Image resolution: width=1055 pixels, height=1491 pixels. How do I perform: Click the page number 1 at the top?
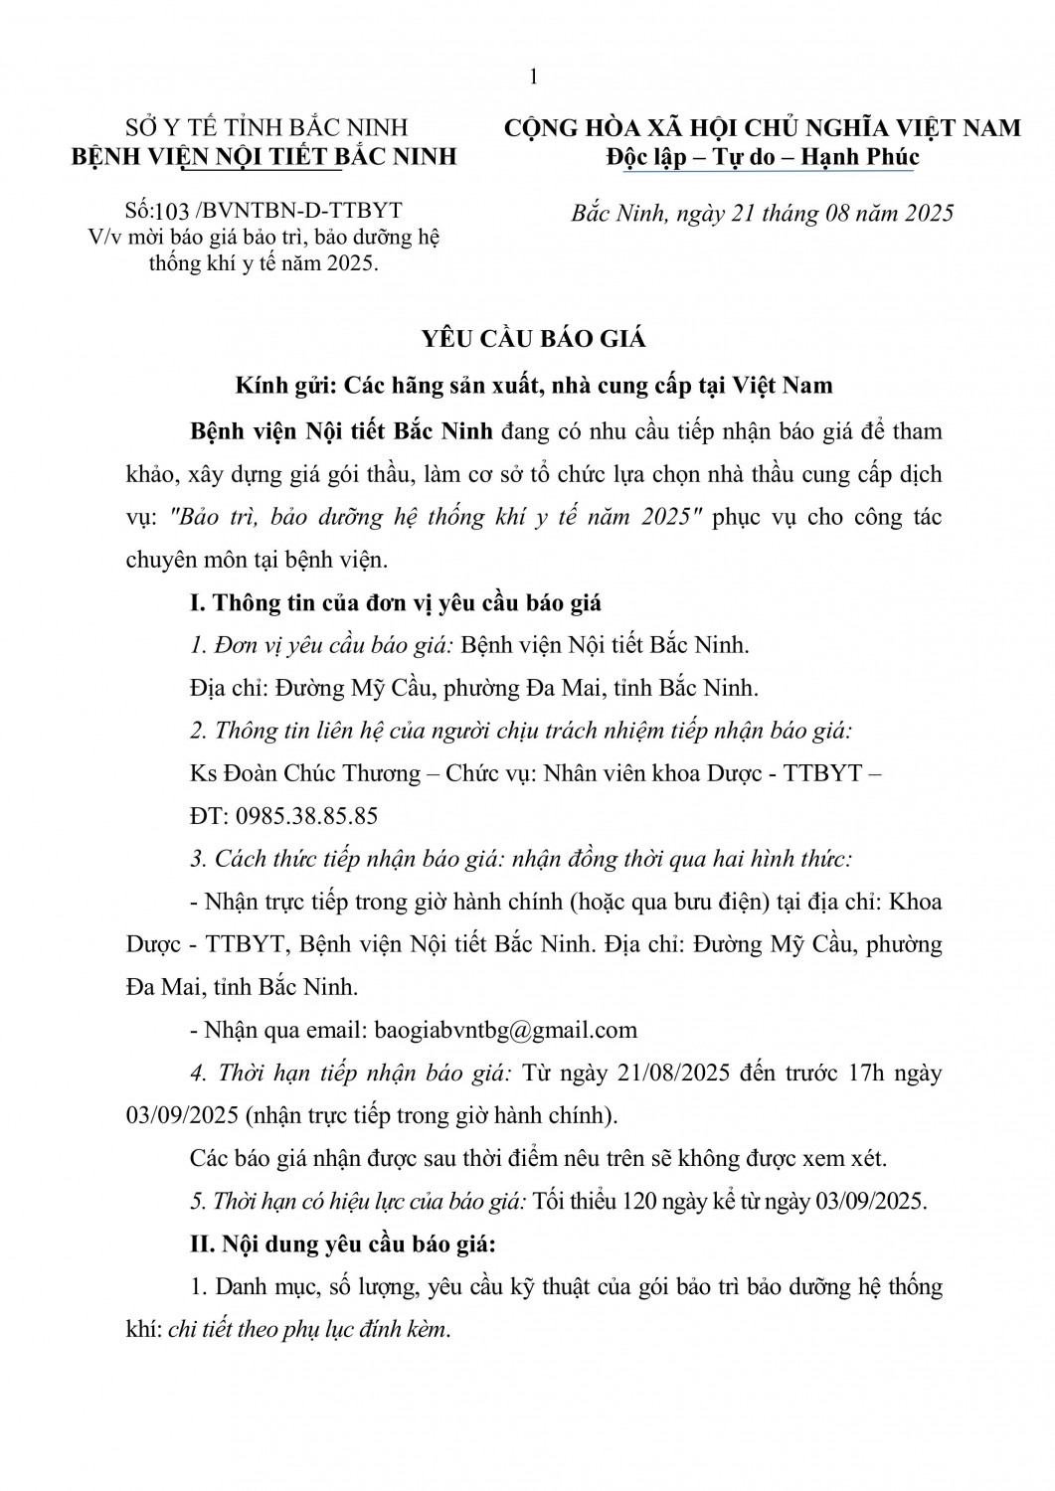tap(534, 78)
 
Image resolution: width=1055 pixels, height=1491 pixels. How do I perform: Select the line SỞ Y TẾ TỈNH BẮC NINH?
tap(266, 127)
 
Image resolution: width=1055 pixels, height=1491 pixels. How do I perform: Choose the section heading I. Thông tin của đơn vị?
tap(395, 602)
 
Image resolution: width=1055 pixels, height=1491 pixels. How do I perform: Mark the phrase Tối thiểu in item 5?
tap(571, 1201)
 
